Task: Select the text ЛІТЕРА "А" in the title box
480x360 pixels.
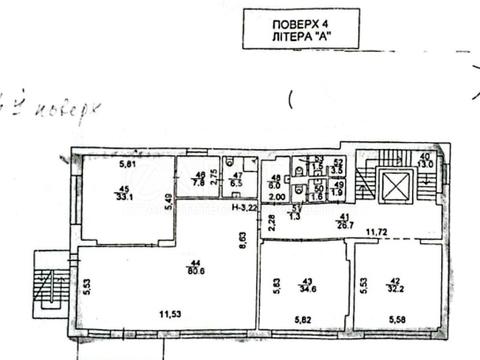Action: coord(300,36)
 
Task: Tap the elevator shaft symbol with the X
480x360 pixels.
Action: coord(397,186)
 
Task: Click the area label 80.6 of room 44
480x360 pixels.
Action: coord(189,269)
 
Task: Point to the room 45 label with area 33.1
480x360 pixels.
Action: coord(125,196)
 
